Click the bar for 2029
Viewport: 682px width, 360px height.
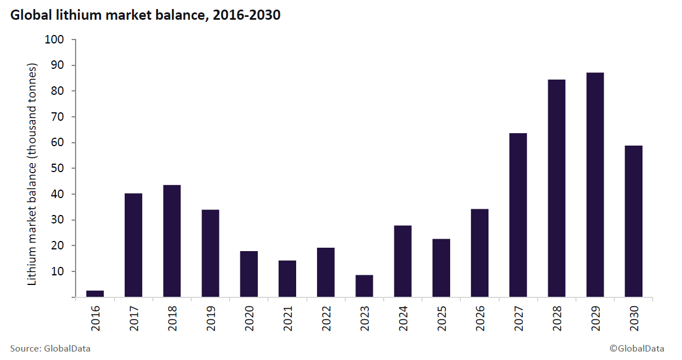click(595, 185)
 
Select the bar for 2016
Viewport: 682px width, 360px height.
click(95, 293)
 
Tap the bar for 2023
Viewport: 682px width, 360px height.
click(364, 286)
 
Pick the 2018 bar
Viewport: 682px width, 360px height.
click(171, 241)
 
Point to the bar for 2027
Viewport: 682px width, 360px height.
click(518, 215)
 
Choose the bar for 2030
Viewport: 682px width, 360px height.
click(633, 221)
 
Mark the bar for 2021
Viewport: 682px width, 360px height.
click(287, 278)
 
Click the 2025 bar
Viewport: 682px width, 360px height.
click(441, 267)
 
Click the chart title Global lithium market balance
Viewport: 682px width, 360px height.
click(145, 15)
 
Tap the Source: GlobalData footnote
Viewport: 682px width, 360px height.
click(50, 349)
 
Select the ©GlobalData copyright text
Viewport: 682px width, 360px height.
click(636, 349)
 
